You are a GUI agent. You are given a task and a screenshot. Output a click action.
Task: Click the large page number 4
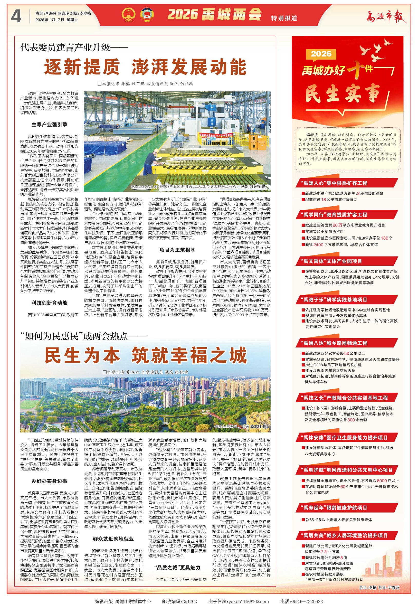[16, 16]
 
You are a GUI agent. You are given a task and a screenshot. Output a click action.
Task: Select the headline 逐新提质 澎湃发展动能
[145, 67]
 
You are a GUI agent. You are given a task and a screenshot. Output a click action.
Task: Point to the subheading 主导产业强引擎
[49, 125]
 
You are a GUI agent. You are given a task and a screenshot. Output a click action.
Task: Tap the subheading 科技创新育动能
[49, 303]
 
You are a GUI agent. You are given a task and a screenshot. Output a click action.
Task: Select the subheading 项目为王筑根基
[177, 250]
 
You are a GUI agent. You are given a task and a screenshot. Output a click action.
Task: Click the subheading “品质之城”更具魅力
[177, 567]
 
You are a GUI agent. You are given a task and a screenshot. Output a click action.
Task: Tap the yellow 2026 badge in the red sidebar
[321, 54]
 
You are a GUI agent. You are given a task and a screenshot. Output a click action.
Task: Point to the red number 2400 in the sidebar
[318, 244]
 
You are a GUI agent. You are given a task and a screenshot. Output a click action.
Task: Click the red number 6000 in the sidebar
[382, 480]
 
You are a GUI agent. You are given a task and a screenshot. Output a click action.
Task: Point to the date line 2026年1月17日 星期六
[57, 20]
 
